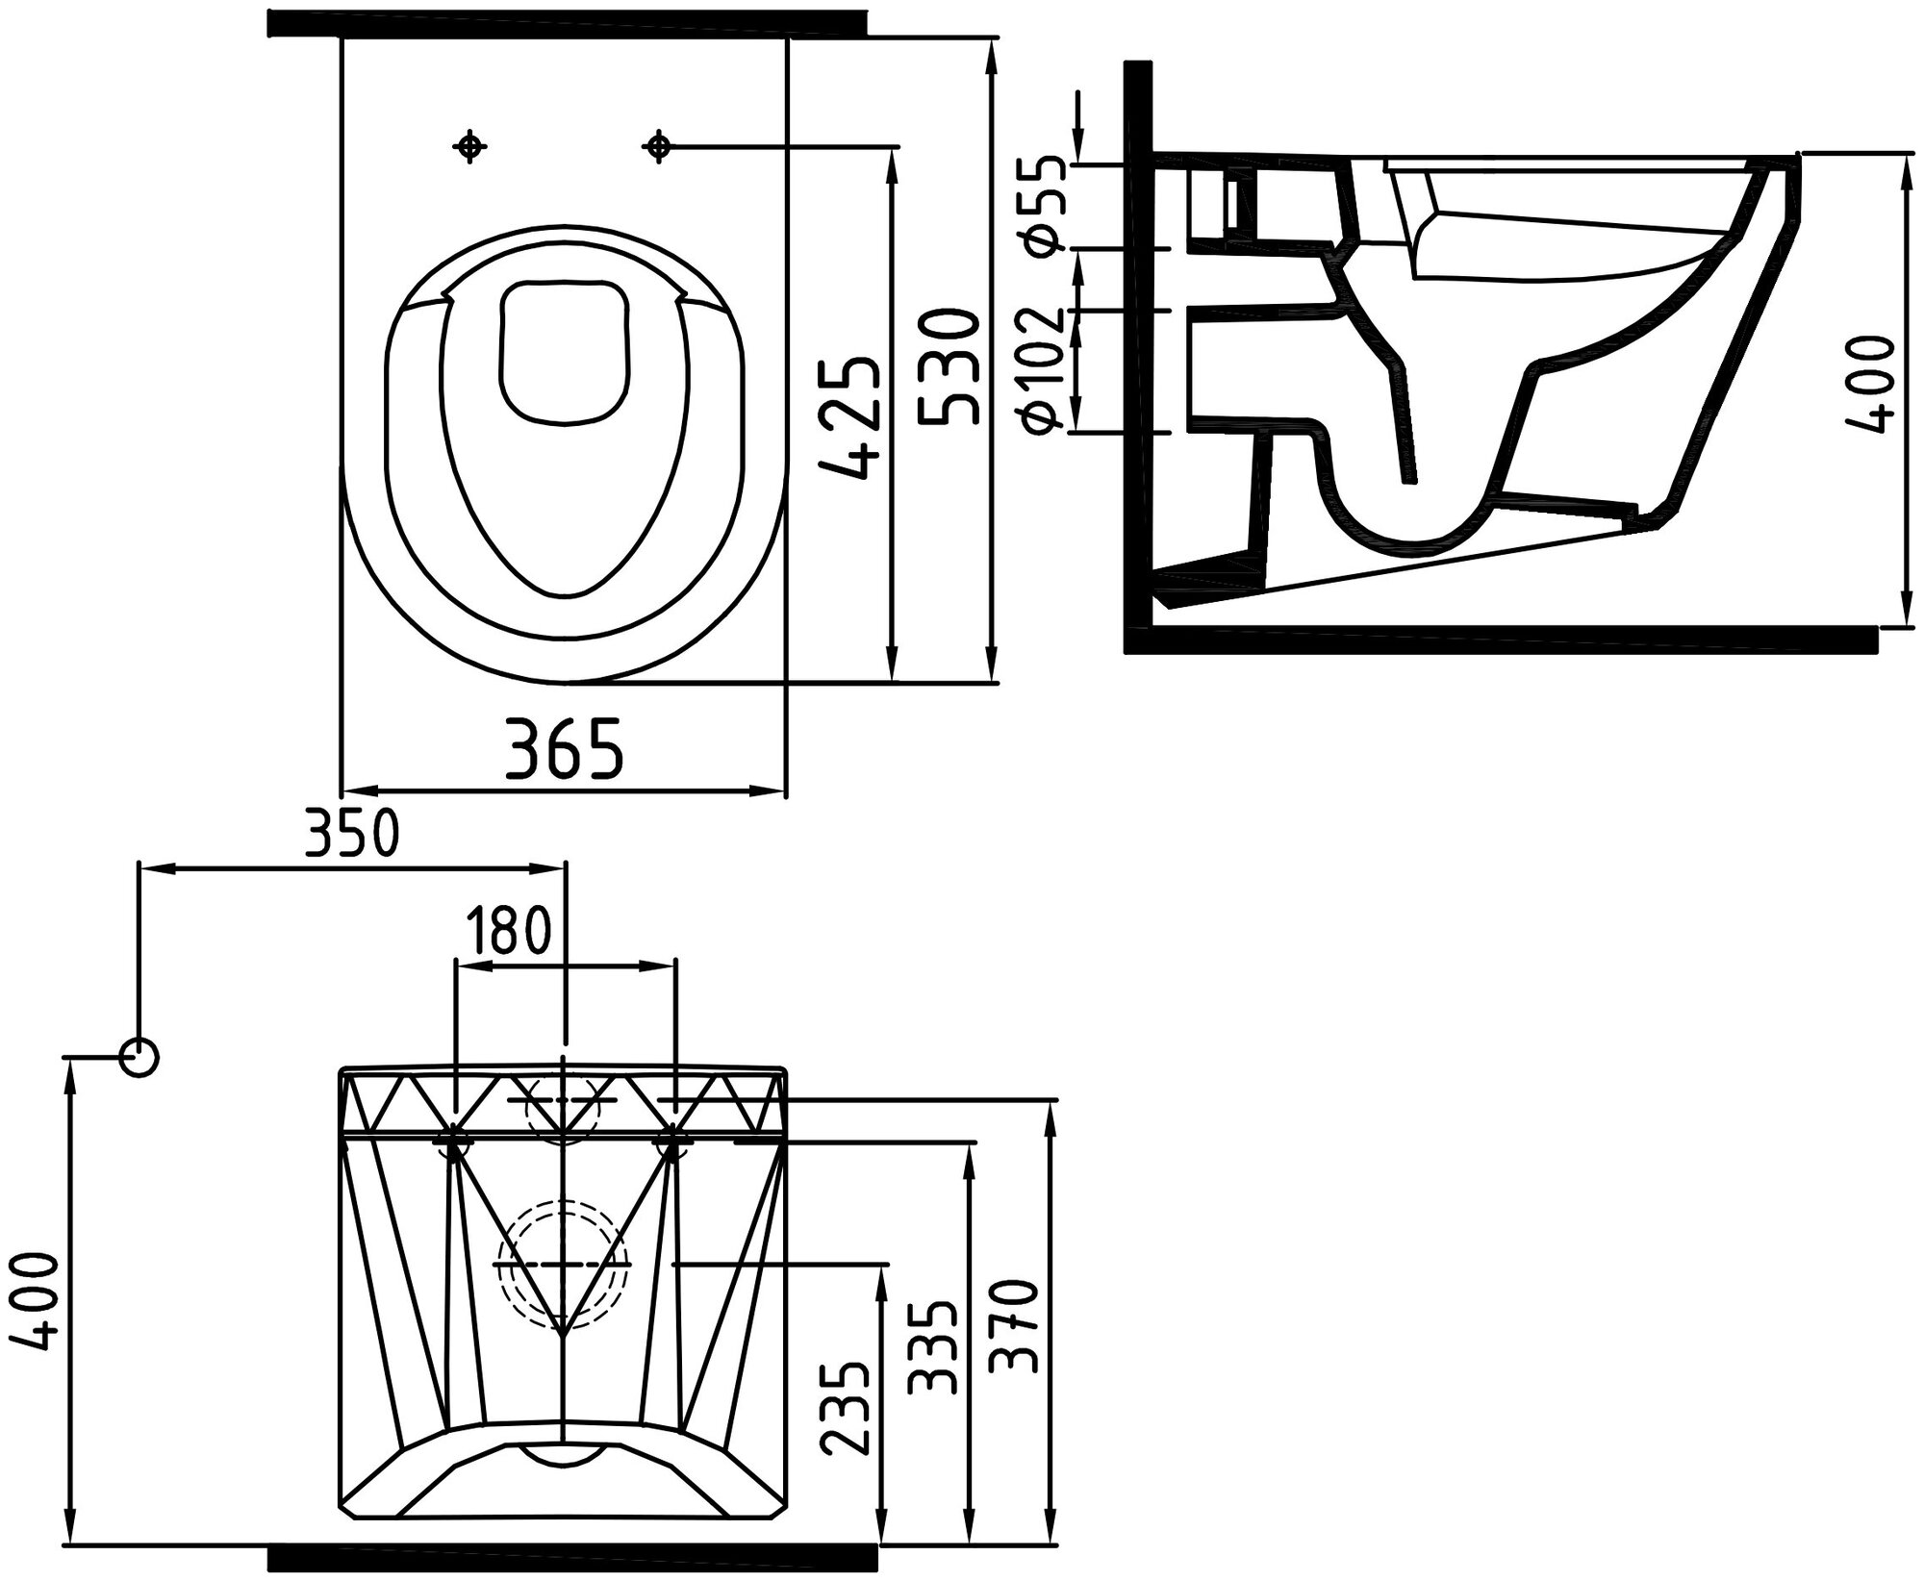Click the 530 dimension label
(x=948, y=366)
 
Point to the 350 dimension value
(x=351, y=834)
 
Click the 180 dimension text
(x=509, y=930)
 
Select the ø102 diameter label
(x=1044, y=369)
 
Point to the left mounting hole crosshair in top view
(x=469, y=146)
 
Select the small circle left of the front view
(x=139, y=1057)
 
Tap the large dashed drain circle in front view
(x=563, y=1263)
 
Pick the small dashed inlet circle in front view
(x=563, y=1107)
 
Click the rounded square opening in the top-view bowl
(x=566, y=352)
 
